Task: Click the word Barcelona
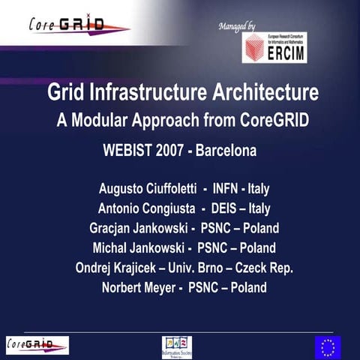[226, 151]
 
